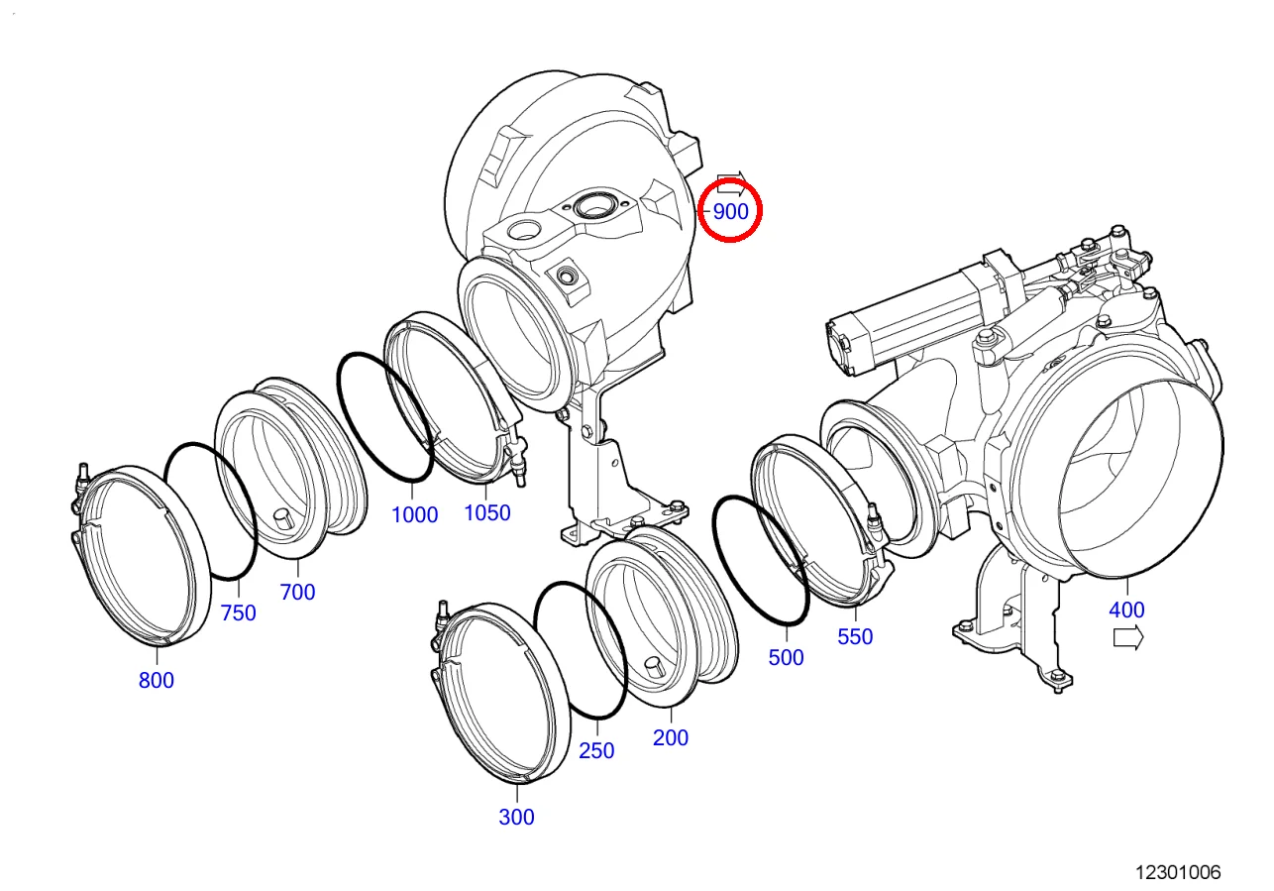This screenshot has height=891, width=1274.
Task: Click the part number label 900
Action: pyautogui.click(x=730, y=212)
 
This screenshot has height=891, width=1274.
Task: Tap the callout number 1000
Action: pyautogui.click(x=415, y=515)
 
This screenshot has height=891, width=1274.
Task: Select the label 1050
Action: pyautogui.click(x=486, y=512)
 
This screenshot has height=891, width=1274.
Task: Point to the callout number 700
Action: pyautogui.click(x=297, y=593)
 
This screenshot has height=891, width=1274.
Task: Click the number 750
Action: pyautogui.click(x=239, y=613)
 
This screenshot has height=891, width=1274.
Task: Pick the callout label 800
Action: pyautogui.click(x=157, y=680)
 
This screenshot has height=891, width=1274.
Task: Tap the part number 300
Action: pyautogui.click(x=516, y=817)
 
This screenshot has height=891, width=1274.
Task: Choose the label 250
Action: pyautogui.click(x=596, y=750)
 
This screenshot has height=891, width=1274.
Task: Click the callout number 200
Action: pyautogui.click(x=671, y=737)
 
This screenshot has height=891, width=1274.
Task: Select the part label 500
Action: pyautogui.click(x=786, y=657)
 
